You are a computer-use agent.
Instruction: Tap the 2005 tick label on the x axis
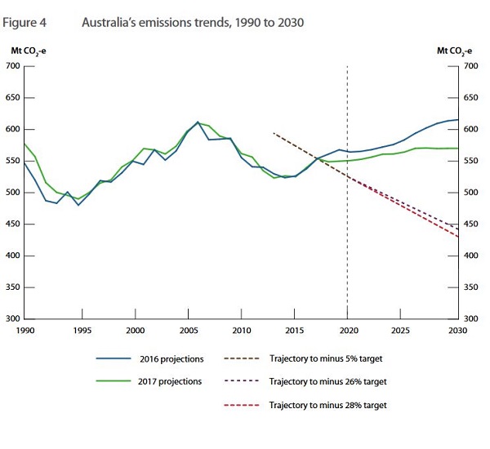pyautogui.click(x=189, y=331)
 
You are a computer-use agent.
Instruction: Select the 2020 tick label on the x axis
pyautogui.click(x=348, y=331)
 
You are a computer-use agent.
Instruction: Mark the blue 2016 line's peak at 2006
pyautogui.click(x=198, y=122)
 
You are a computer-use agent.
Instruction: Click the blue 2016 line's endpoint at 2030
pyautogui.click(x=457, y=120)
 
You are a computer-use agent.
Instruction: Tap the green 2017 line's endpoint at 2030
pyautogui.click(x=457, y=149)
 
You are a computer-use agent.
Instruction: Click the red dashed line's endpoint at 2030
pyautogui.click(x=457, y=237)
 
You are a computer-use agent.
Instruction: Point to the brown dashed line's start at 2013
pyautogui.click(x=273, y=132)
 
